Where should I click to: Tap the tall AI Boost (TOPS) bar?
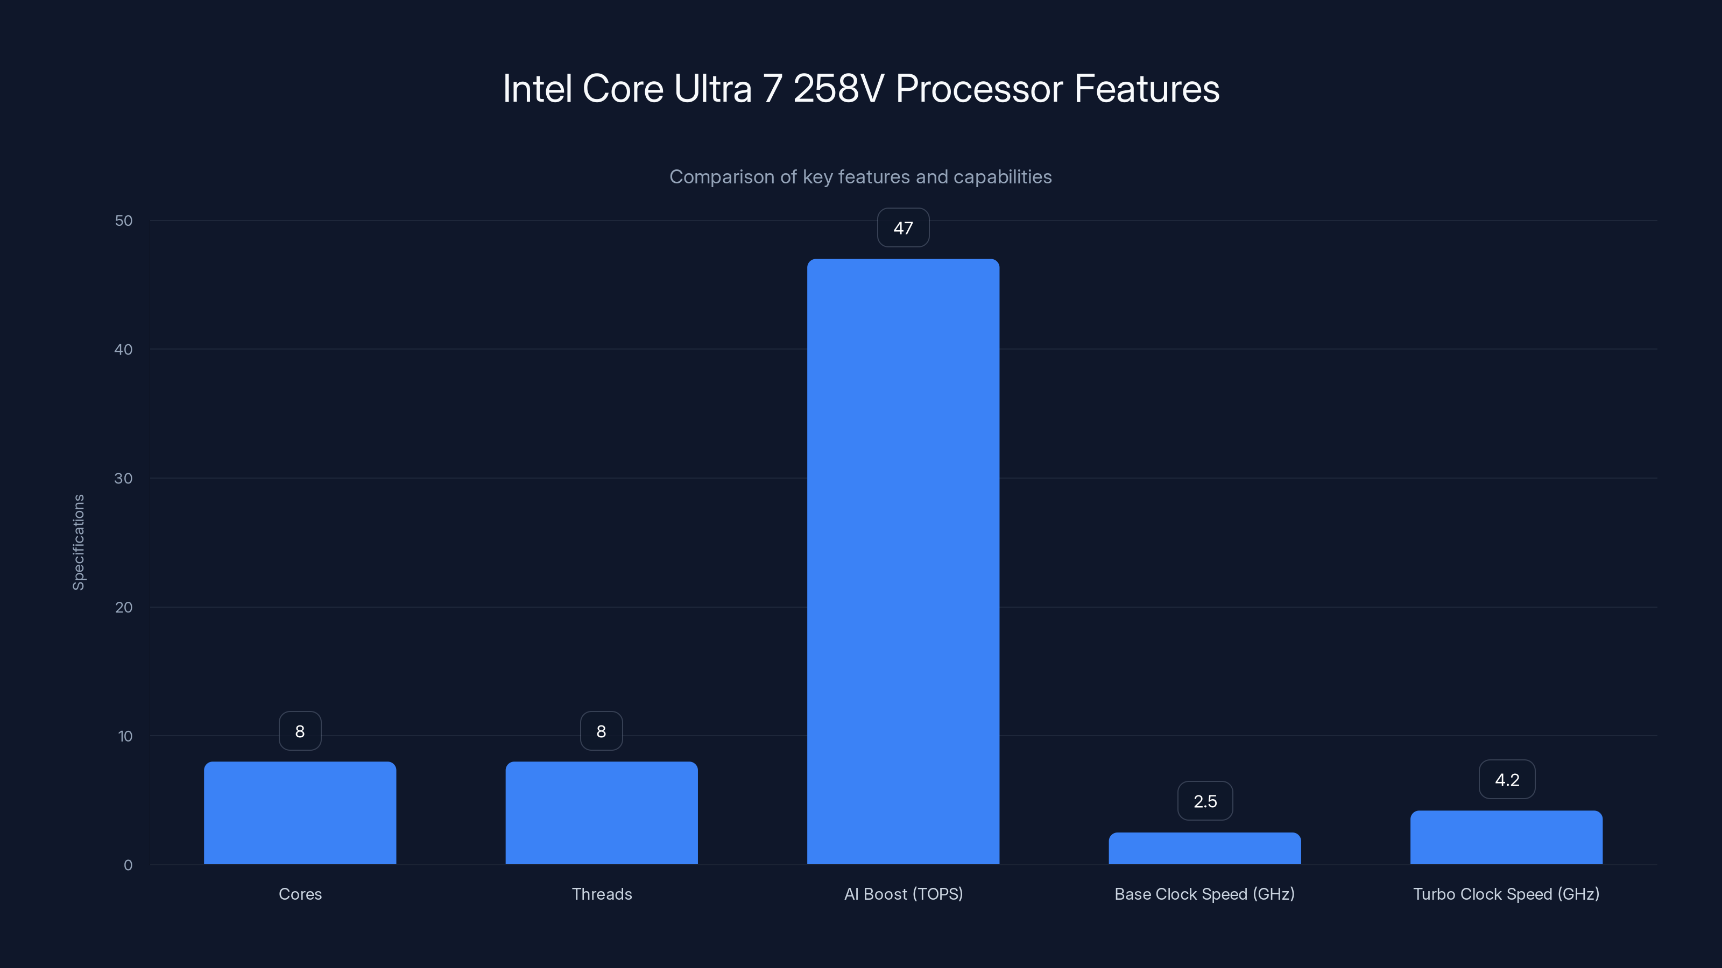pos(902,561)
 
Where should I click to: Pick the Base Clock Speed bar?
pos(1205,849)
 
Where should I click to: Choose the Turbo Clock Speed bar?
pos(1506,838)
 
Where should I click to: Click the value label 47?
pos(902,228)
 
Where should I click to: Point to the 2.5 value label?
pos(1205,801)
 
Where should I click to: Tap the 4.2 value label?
pos(1507,780)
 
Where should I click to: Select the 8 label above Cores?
pos(300,731)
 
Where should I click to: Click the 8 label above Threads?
pos(601,731)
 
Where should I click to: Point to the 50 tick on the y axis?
pos(124,221)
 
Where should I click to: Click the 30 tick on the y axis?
pos(124,478)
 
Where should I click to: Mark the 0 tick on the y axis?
pos(128,865)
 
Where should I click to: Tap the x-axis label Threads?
pos(602,894)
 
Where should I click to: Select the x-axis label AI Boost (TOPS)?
pos(903,894)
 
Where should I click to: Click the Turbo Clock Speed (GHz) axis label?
pos(1506,894)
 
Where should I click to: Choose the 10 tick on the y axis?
pos(125,736)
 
